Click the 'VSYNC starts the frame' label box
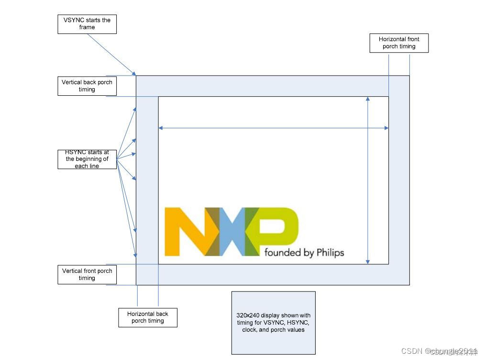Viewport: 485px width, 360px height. [87, 24]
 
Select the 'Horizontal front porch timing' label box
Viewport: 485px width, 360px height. [399, 43]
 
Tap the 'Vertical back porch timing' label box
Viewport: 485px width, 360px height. [87, 86]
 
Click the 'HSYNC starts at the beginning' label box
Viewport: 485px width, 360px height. [87, 159]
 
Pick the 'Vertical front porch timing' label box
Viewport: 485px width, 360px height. [87, 274]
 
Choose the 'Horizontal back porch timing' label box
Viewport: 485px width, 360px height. [147, 317]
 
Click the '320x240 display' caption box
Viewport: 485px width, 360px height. [273, 323]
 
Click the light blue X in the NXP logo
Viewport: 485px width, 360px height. [232, 232]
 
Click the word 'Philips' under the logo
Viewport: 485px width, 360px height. [330, 252]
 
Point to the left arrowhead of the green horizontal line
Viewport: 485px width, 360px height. [160, 128]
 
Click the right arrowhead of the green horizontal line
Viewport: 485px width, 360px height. [386, 128]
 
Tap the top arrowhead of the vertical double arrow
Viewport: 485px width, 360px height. [367, 99]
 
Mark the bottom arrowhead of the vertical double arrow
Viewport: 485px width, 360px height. [367, 261]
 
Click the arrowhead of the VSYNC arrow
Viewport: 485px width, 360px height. [135, 74]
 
